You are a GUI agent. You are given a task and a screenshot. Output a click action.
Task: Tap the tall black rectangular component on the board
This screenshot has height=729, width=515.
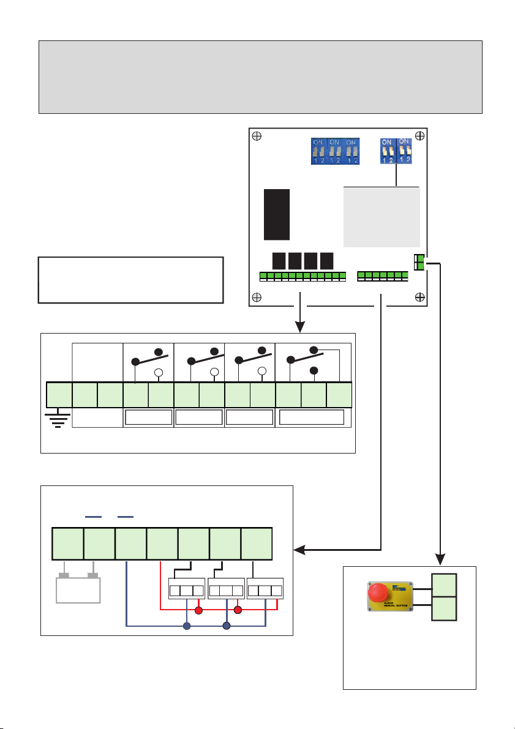point(277,214)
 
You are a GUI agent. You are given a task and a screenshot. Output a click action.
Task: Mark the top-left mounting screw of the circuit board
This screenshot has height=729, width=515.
point(258,136)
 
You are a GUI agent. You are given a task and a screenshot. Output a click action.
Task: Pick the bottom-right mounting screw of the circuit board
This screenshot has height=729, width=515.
point(419,297)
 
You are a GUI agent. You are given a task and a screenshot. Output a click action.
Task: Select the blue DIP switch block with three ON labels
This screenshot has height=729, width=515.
point(334,151)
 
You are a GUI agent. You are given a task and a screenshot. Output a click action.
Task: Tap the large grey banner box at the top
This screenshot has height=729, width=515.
point(260,77)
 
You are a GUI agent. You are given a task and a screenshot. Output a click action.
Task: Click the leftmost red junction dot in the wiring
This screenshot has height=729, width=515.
point(198,610)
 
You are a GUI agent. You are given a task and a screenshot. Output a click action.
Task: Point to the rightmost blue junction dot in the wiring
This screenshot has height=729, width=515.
point(227,626)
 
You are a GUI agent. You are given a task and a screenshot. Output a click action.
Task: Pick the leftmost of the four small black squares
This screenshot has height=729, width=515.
point(279,261)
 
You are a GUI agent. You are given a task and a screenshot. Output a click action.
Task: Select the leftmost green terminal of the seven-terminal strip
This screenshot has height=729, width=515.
point(67,544)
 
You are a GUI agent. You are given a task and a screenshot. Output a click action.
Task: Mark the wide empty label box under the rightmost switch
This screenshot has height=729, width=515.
point(312,417)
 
